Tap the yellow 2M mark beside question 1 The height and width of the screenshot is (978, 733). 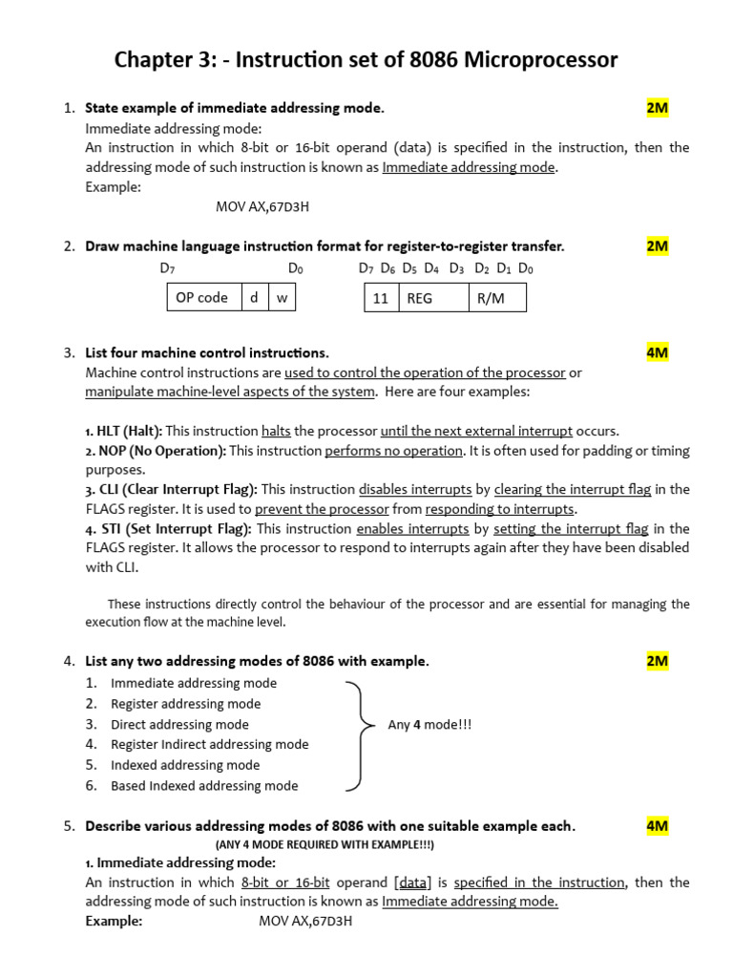click(657, 108)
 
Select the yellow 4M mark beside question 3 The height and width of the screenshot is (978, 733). click(657, 352)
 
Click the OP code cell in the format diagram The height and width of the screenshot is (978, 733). click(203, 298)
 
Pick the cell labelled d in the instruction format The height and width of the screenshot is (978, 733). click(254, 298)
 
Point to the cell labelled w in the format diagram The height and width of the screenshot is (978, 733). click(282, 298)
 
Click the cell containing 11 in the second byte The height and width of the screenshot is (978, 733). click(381, 298)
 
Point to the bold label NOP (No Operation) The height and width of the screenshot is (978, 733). click(161, 451)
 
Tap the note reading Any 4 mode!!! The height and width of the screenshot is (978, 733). click(429, 725)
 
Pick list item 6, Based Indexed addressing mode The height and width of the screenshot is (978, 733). click(204, 786)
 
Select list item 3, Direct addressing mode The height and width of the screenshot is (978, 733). click(179, 725)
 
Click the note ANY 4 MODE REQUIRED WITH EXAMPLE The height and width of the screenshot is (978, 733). click(325, 845)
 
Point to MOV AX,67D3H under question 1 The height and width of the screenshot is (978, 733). click(263, 206)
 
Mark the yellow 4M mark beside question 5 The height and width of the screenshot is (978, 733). click(657, 826)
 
